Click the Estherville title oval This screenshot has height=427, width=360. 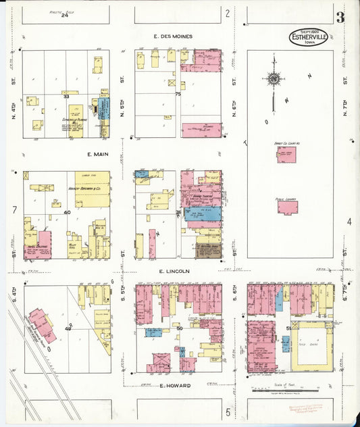(x=309, y=37)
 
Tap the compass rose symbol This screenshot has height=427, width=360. (x=274, y=80)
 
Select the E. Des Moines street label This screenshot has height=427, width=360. (x=173, y=36)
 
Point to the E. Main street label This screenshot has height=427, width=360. (x=99, y=155)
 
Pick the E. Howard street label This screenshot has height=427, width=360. (x=175, y=386)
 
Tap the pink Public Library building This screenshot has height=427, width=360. (x=287, y=207)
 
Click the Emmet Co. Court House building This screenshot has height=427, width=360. (x=286, y=155)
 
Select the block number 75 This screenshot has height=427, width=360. (x=178, y=94)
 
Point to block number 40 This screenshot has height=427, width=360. (x=67, y=212)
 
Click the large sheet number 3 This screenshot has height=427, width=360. (x=340, y=18)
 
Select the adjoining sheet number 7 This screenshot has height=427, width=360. (x=14, y=210)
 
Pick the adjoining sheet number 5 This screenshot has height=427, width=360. (x=228, y=411)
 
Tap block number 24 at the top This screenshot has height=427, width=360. (x=65, y=16)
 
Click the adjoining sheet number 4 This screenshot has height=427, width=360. (x=349, y=222)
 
